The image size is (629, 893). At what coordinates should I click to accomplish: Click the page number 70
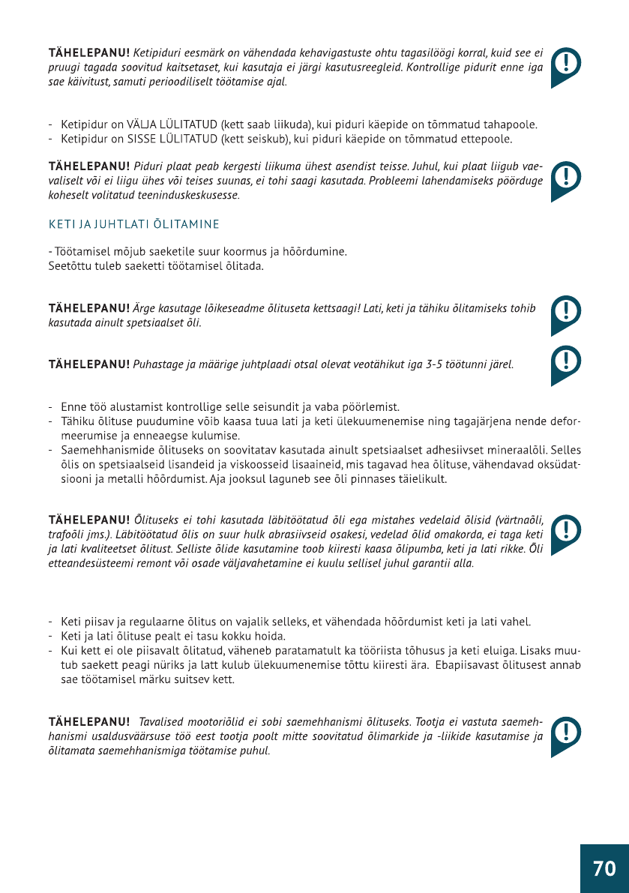tap(604, 868)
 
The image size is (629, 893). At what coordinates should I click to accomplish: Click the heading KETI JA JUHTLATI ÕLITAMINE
tap(134, 224)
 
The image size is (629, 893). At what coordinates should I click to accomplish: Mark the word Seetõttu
tap(70, 265)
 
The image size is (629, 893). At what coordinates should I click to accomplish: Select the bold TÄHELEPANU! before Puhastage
tap(89, 365)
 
